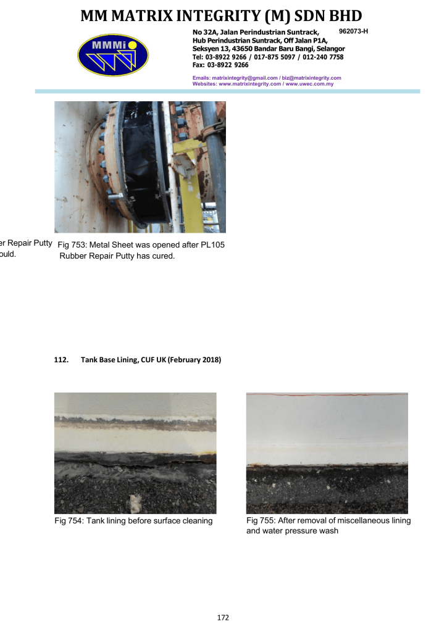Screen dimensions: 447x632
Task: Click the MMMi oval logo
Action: pyautogui.click(x=113, y=55)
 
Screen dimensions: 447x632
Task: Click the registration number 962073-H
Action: pyautogui.click(x=354, y=31)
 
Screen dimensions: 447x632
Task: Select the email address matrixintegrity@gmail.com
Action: pyautogui.click(x=244, y=78)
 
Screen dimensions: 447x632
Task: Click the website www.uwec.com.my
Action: pyautogui.click(x=309, y=84)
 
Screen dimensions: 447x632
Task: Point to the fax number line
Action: pyautogui.click(x=220, y=65)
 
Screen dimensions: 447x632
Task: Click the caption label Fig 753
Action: pyautogui.click(x=71, y=244)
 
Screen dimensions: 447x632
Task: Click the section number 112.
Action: pyautogui.click(x=61, y=360)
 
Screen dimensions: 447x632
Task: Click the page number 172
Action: pyautogui.click(x=223, y=617)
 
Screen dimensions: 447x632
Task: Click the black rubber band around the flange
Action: pyautogui.click(x=144, y=161)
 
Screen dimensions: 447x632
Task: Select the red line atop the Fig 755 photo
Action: pyautogui.click(x=327, y=395)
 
